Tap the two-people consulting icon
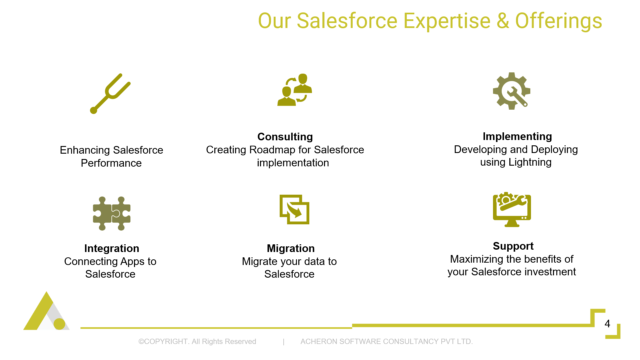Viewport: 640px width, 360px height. pos(295,90)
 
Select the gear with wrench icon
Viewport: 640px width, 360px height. pos(512,91)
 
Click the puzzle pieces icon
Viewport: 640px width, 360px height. pos(112,213)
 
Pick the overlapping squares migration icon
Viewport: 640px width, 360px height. pos(294,209)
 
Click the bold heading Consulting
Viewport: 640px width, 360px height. pos(285,137)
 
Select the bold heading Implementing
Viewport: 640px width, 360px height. pos(517,136)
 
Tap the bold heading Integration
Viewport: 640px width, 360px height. pos(112,248)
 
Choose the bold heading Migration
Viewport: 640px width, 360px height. pos(291,248)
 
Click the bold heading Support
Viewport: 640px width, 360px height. pos(513,246)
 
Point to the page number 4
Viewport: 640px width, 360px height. pos(607,324)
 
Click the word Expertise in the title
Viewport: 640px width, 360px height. pos(447,21)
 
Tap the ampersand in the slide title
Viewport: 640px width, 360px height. pos(503,21)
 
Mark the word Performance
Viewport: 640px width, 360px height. pos(111,163)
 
